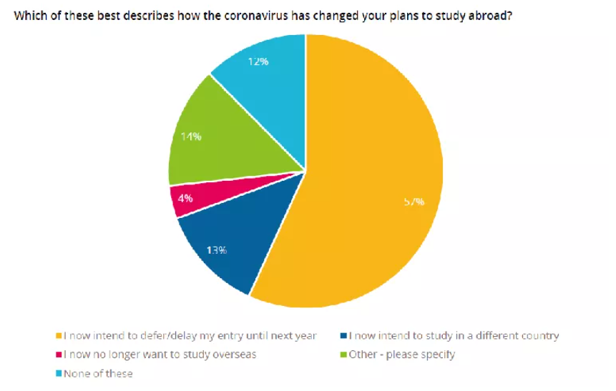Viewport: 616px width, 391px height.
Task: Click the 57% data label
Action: tap(414, 202)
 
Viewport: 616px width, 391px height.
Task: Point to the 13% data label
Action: tap(217, 250)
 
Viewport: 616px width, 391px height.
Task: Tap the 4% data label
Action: tap(185, 198)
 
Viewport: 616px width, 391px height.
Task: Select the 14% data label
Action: tap(192, 136)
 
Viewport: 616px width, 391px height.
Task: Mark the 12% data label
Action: tap(258, 61)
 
